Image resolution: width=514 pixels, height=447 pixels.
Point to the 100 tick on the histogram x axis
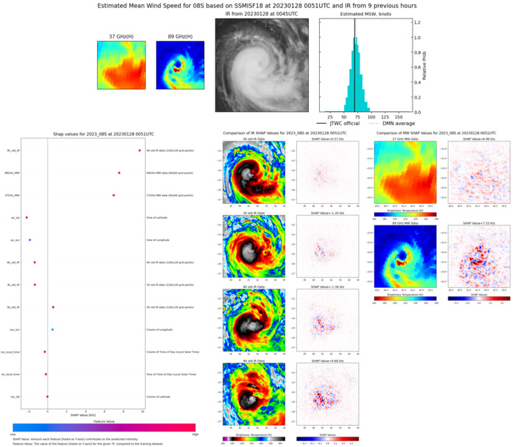[x=371, y=116]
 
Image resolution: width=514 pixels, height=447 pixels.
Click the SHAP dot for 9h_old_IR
[x=139, y=151]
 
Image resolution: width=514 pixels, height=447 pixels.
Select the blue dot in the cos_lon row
[x=52, y=329]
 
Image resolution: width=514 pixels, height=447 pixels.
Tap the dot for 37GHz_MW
[x=114, y=195]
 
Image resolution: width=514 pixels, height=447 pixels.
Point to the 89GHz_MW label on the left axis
[x=11, y=173]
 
